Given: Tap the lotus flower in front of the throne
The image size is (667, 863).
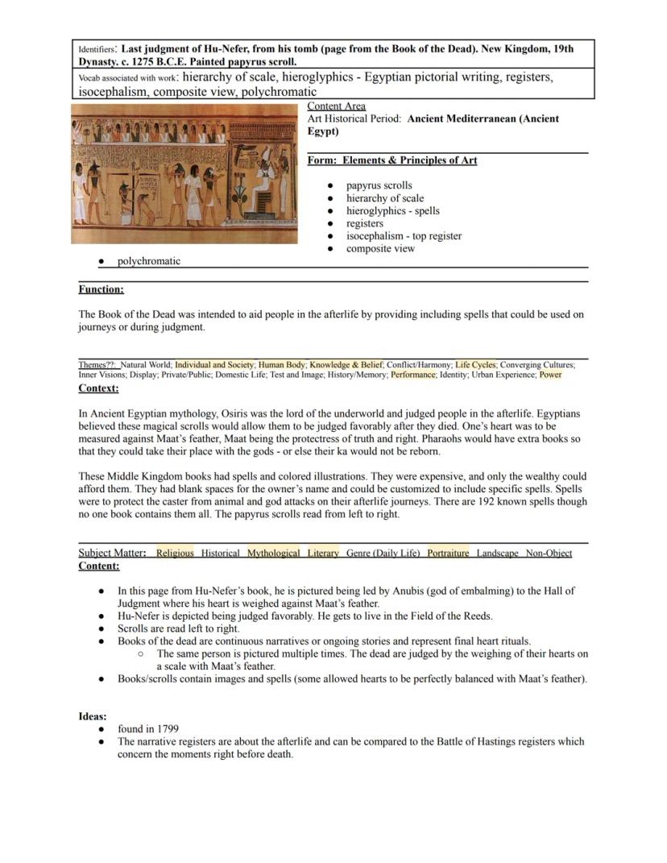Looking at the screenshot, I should pos(240,193).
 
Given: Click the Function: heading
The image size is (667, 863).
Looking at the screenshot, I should pos(101,289).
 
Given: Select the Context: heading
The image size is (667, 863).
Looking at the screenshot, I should pos(98,388).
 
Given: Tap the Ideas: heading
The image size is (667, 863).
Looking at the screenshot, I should pos(93,716).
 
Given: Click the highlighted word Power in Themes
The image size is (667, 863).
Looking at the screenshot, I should pos(550,375).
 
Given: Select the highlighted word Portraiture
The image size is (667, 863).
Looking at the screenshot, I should pos(448,554).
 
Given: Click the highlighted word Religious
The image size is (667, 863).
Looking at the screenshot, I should pos(175,554).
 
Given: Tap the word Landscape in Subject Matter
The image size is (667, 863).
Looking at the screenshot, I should pos(497,554).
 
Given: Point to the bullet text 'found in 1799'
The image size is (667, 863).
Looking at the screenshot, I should pos(148,728).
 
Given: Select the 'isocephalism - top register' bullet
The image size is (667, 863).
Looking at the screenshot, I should pos(404,236).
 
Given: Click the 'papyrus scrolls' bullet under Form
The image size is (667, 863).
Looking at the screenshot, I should pos(379,185).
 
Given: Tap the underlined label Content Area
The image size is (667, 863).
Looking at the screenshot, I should pos(336,106).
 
